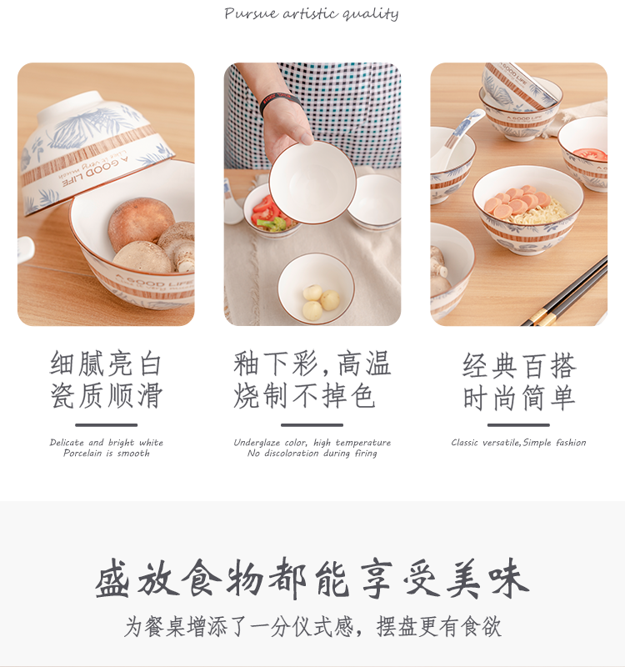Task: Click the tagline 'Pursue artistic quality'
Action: point(312,13)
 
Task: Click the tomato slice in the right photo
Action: point(590,153)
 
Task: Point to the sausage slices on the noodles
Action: point(518,201)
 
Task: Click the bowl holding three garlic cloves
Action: point(316,288)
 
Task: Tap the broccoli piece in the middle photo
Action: point(272,223)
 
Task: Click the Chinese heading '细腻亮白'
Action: point(107,364)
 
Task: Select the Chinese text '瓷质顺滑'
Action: point(107,395)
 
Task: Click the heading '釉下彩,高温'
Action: point(312,364)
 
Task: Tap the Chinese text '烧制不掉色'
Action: point(304,395)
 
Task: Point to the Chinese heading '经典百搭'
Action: point(518,366)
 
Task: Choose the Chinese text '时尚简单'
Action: point(518,398)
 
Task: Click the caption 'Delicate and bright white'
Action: point(107,443)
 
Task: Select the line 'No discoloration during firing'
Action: point(312,454)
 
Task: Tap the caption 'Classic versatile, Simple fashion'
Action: point(518,443)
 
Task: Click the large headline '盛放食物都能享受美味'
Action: point(312,578)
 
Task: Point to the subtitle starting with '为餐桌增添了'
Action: point(312,627)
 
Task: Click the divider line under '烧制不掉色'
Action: point(312,425)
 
